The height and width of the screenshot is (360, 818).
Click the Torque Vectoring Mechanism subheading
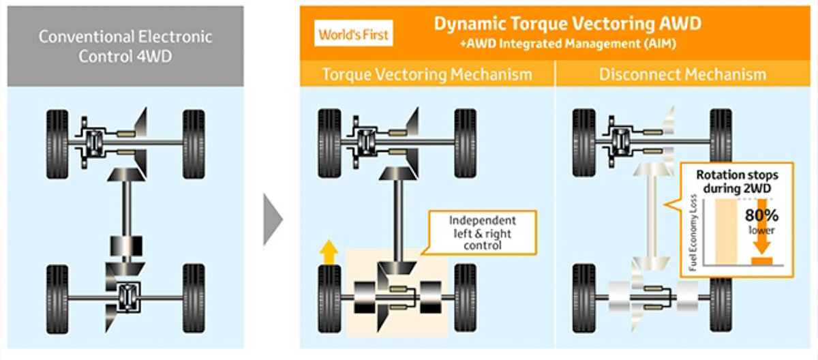[x=427, y=74]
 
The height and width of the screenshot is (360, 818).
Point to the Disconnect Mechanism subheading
[x=682, y=74]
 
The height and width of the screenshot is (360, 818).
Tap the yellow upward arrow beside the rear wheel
[x=329, y=253]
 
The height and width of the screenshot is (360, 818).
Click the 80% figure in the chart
[x=762, y=215]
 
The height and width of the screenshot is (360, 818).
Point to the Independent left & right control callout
[x=483, y=232]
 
